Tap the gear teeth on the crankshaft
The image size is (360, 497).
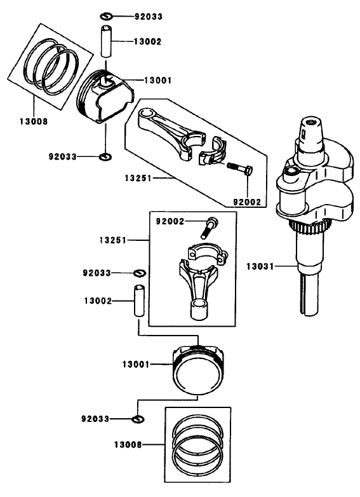coord(309,229)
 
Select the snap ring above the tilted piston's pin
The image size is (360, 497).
coord(107,15)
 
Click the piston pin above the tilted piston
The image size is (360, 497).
coord(106,43)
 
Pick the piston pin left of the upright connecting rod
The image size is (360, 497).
coord(138,301)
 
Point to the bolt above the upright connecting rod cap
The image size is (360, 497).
coord(211,226)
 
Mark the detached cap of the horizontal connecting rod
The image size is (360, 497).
coord(213,153)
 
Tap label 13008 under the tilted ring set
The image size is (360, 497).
coord(34,119)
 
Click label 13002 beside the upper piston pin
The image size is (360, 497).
coord(147,41)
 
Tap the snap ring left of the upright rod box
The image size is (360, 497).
coord(138,273)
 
